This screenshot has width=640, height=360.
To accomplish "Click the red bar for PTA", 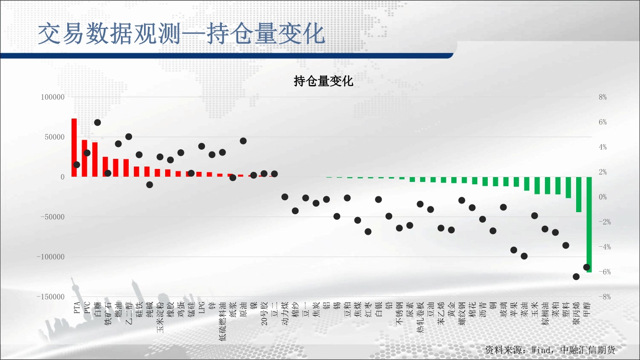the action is (74, 147).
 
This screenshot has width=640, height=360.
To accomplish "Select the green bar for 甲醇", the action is (589, 225).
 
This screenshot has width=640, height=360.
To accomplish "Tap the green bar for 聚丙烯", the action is (579, 194).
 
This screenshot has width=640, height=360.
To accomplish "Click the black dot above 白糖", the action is (97, 122).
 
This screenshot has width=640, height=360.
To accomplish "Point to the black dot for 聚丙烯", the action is (576, 276).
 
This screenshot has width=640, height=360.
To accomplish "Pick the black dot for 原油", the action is (243, 141).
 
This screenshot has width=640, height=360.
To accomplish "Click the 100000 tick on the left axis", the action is (53, 97).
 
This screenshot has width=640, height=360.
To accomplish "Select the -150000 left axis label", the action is (51, 297).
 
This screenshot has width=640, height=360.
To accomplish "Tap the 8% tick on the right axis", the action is (603, 97).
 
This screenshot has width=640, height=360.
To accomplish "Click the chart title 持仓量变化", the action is (324, 81).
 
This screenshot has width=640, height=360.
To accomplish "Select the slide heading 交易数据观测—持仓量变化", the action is (181, 34).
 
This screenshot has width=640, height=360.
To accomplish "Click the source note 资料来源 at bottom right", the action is (550, 350).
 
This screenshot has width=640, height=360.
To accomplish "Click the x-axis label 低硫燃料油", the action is (223, 321).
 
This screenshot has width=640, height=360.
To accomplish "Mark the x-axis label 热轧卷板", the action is (420, 317).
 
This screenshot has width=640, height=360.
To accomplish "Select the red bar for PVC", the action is (85, 158).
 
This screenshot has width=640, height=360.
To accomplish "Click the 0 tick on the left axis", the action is (62, 177).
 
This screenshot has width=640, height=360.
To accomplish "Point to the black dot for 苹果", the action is (514, 250).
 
